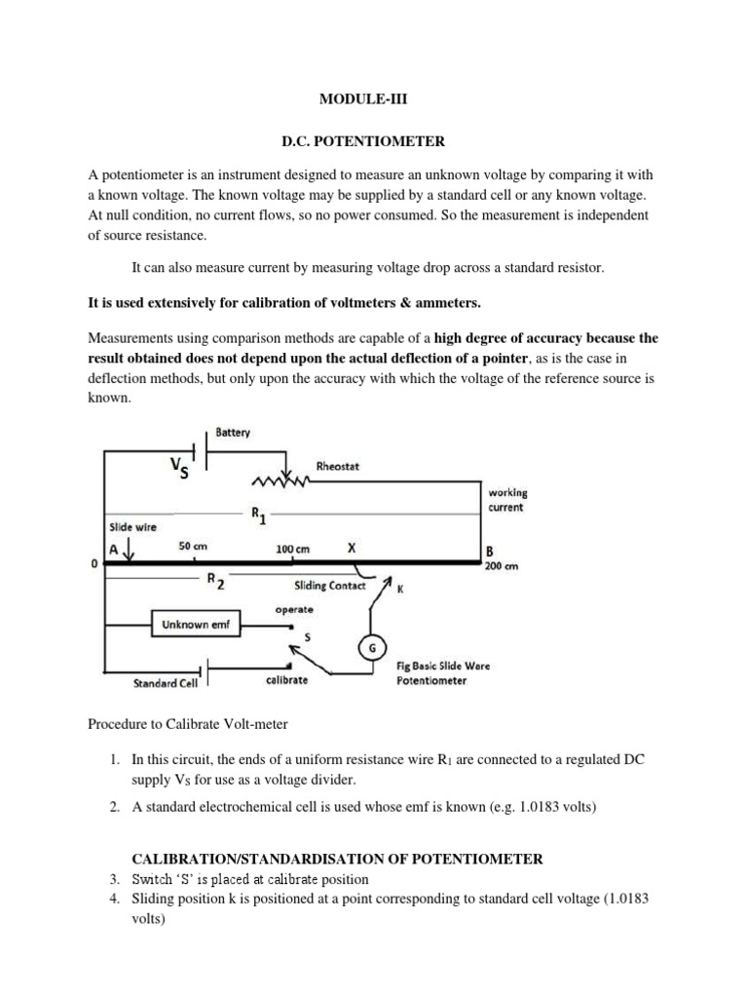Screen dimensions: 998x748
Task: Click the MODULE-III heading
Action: click(373, 99)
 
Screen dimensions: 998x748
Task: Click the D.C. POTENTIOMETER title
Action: click(373, 142)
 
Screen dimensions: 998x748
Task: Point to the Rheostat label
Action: click(338, 466)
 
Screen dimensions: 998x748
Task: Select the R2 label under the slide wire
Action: click(215, 580)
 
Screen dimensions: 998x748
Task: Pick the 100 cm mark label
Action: click(292, 550)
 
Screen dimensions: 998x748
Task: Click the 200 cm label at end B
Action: click(504, 565)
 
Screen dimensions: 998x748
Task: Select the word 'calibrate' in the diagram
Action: click(286, 679)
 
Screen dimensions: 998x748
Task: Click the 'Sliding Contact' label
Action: click(329, 587)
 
